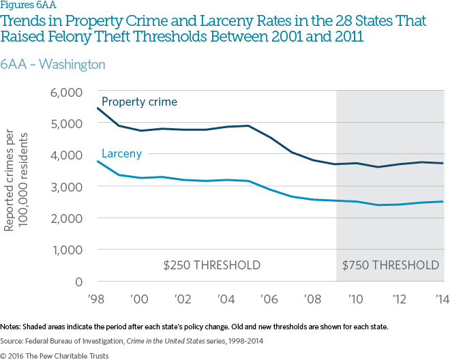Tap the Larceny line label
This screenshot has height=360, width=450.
pyautogui.click(x=121, y=153)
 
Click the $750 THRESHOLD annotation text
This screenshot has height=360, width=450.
pyautogui.click(x=391, y=265)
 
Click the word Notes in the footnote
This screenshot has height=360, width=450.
pyautogui.click(x=10, y=327)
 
